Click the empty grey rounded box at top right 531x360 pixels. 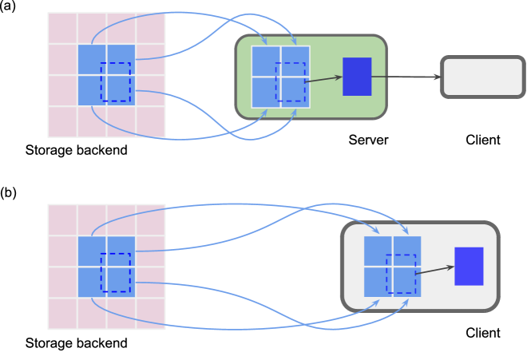point(482,77)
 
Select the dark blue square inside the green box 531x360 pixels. point(357,77)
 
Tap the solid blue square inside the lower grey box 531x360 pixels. point(469,266)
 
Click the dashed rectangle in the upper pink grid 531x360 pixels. point(116,82)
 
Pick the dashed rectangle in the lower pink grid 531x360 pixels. point(116,273)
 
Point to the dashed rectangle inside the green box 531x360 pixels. point(291,82)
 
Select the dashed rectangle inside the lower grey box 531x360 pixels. point(401,274)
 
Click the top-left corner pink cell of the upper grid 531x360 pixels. point(62,28)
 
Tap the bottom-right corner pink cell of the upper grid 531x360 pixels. point(150,122)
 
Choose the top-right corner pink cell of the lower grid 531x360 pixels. point(150,220)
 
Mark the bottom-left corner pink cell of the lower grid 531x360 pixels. point(62,314)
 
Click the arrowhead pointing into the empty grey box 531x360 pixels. point(436,77)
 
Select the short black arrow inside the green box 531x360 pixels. point(323,79)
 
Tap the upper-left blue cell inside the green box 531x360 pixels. point(265,61)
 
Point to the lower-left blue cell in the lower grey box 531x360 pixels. point(378,282)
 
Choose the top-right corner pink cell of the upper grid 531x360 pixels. point(150,28)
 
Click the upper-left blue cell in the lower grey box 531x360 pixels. point(378,251)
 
